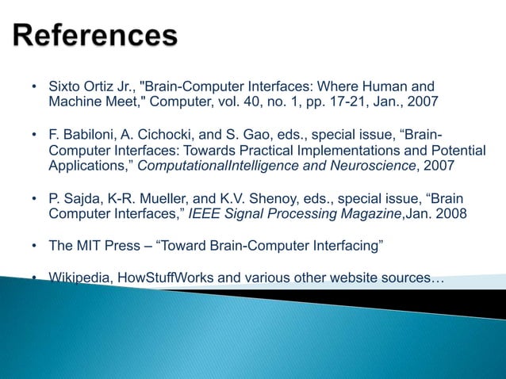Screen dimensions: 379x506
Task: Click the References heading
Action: [x=96, y=37]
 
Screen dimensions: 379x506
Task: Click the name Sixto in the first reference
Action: [x=66, y=86]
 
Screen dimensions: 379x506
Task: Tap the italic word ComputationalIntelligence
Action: [x=218, y=167]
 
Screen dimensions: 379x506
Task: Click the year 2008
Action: [x=444, y=214]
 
